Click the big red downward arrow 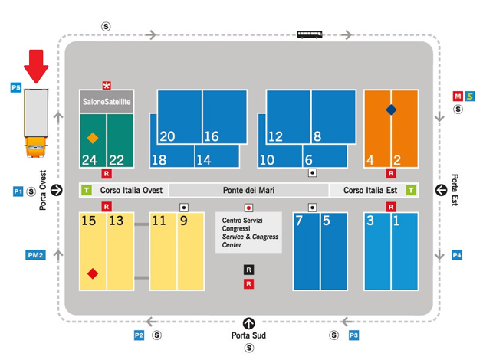36,67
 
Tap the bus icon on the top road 310,34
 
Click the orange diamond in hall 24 93,139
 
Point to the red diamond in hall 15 93,273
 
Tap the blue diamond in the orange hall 391,110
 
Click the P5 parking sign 15,89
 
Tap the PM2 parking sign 35,255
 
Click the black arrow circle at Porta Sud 248,323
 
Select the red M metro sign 458,97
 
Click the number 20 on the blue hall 167,137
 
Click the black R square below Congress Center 248,270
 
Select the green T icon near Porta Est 412,190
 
